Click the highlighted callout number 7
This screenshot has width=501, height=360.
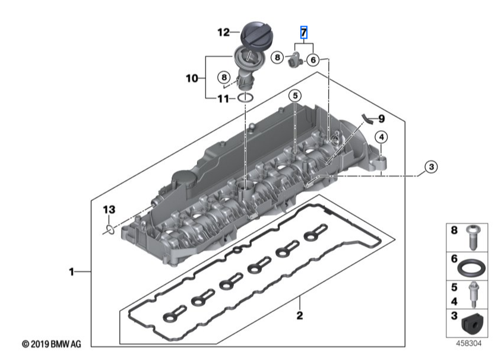[x=303, y=32]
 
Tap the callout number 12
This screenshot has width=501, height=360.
[x=223, y=33]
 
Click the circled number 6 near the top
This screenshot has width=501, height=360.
[x=313, y=59]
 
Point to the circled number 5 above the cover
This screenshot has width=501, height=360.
[x=295, y=95]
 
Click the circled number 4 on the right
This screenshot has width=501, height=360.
[x=380, y=137]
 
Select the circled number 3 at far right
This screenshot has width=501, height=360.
[x=432, y=168]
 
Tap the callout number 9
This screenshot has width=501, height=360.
[x=382, y=118]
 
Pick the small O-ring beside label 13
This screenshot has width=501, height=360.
[x=109, y=228]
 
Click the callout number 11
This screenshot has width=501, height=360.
[x=222, y=99]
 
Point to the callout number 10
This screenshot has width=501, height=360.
[x=191, y=78]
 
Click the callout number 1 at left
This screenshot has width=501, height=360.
[x=71, y=271]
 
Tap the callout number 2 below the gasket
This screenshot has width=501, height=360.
[x=300, y=315]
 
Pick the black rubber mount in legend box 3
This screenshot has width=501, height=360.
[x=473, y=323]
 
